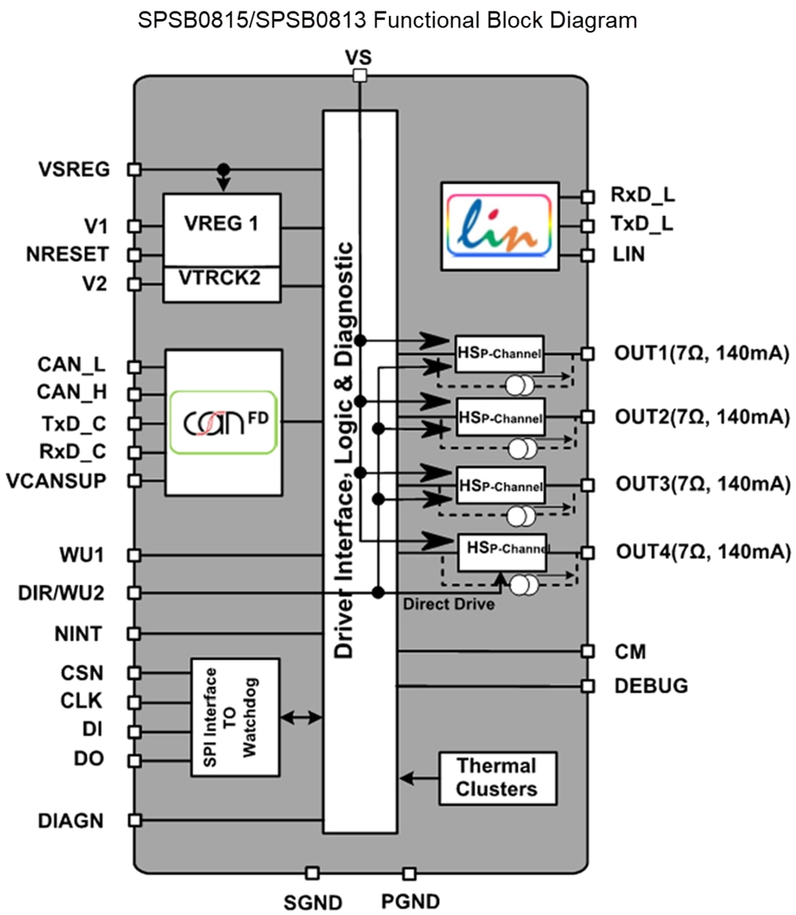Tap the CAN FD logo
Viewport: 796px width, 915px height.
point(222,423)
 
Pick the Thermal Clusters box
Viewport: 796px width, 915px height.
point(497,778)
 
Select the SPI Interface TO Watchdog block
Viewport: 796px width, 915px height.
point(236,717)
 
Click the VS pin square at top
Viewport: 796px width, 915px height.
point(360,76)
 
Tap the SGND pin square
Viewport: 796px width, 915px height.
point(312,873)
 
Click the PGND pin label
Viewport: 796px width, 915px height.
point(410,901)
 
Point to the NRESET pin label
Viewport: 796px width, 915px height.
point(78,254)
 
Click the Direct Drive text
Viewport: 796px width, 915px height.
point(448,604)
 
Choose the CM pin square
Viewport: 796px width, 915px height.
point(588,650)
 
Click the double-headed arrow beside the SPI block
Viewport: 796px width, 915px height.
point(301,717)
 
